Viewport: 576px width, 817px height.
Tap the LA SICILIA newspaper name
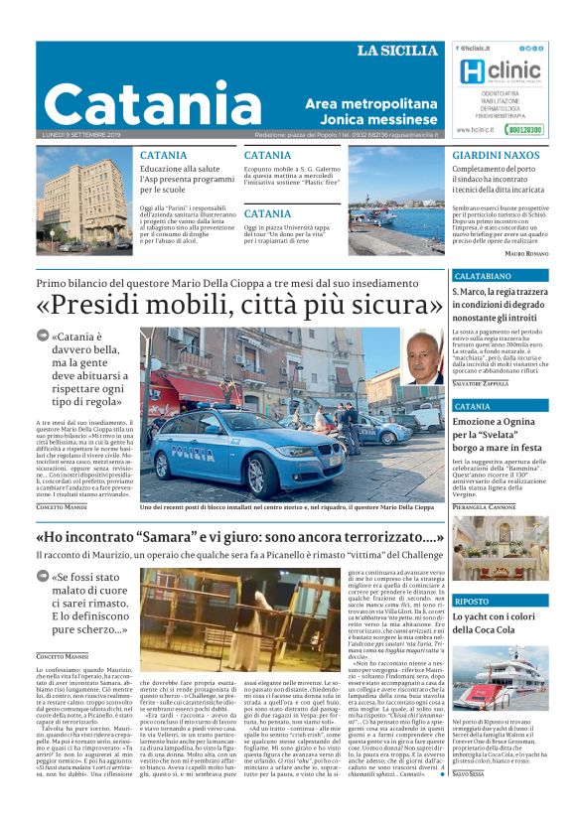tap(397, 51)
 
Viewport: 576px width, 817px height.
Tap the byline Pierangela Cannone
tap(486, 506)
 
